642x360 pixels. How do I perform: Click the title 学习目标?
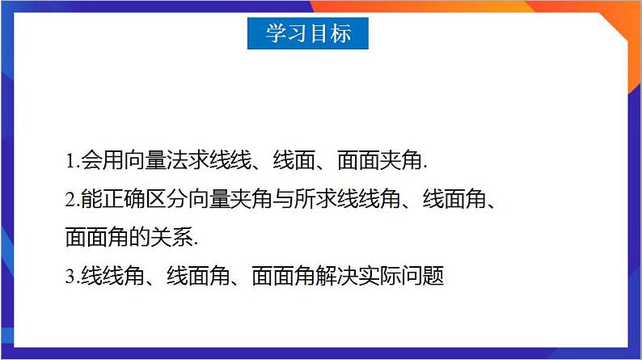point(308,33)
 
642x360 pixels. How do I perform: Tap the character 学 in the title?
point(276,33)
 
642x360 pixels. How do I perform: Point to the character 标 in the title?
point(340,33)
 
